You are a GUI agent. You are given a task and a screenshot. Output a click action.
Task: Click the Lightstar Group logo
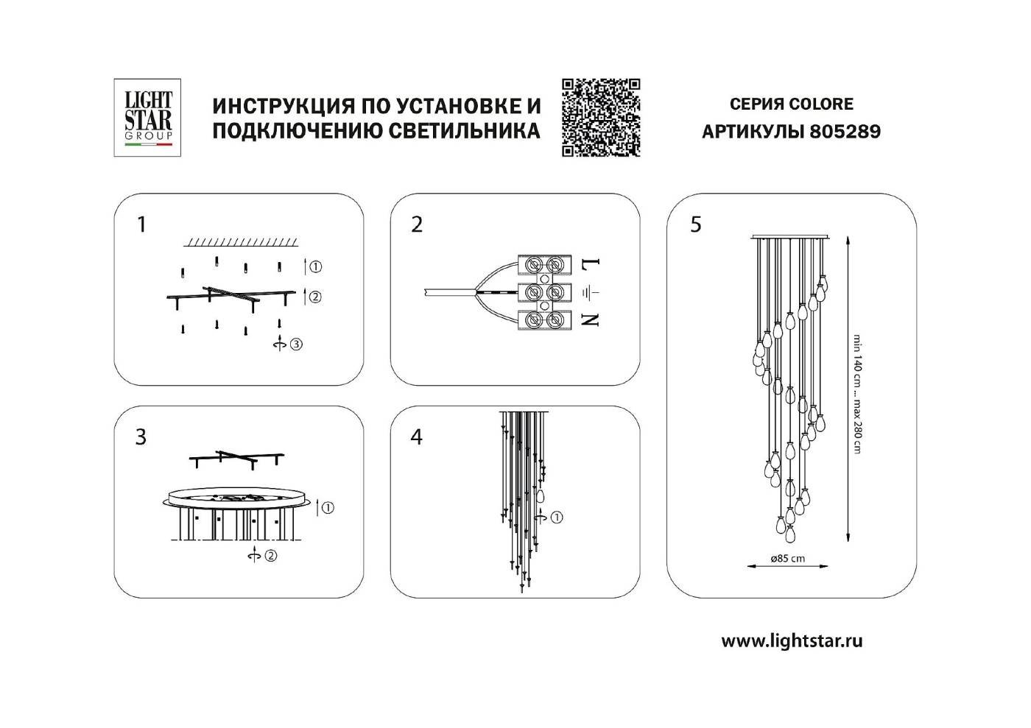[147, 118]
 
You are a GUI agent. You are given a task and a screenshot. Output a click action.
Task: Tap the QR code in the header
[601, 118]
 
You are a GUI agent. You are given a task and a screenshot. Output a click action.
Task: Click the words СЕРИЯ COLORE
[791, 105]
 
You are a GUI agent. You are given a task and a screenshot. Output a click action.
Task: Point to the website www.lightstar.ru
[791, 641]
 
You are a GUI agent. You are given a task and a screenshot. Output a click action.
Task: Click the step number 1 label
[142, 225]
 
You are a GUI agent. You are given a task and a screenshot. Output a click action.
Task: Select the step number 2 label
[417, 225]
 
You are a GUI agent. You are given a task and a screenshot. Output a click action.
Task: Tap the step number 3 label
[141, 437]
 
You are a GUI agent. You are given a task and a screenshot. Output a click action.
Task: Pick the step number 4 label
[417, 437]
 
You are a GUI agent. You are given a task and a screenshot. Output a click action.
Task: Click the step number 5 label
[696, 225]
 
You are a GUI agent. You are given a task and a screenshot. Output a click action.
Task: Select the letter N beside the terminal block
[592, 319]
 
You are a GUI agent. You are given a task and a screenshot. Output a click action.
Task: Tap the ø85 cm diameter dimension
[787, 558]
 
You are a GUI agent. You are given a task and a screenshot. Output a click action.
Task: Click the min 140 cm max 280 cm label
[857, 394]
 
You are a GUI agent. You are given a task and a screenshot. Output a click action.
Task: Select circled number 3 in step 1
[296, 344]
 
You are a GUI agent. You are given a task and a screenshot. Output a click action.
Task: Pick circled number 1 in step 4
[557, 517]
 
